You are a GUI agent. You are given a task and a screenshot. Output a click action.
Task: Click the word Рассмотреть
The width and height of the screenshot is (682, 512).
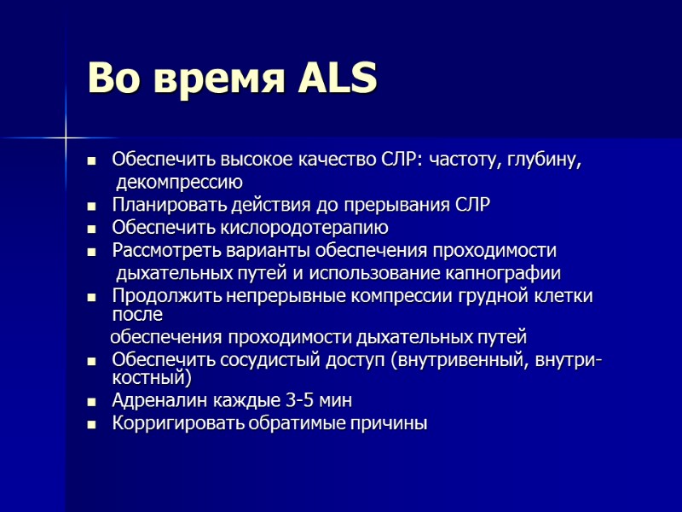pyautogui.click(x=165, y=251)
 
